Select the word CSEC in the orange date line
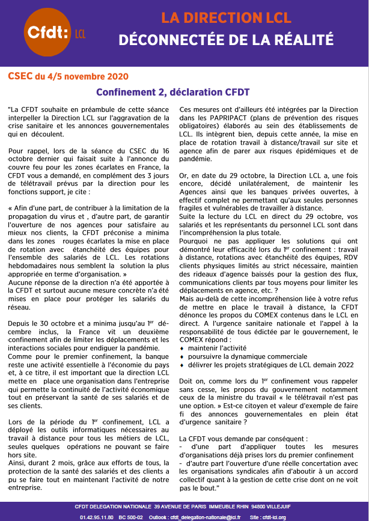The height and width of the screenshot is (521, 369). pyautogui.click(x=20, y=76)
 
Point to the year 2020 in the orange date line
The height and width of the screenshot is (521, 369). pyautogui.click(x=117, y=76)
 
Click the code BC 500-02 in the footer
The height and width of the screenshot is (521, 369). pyautogui.click(x=130, y=516)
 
